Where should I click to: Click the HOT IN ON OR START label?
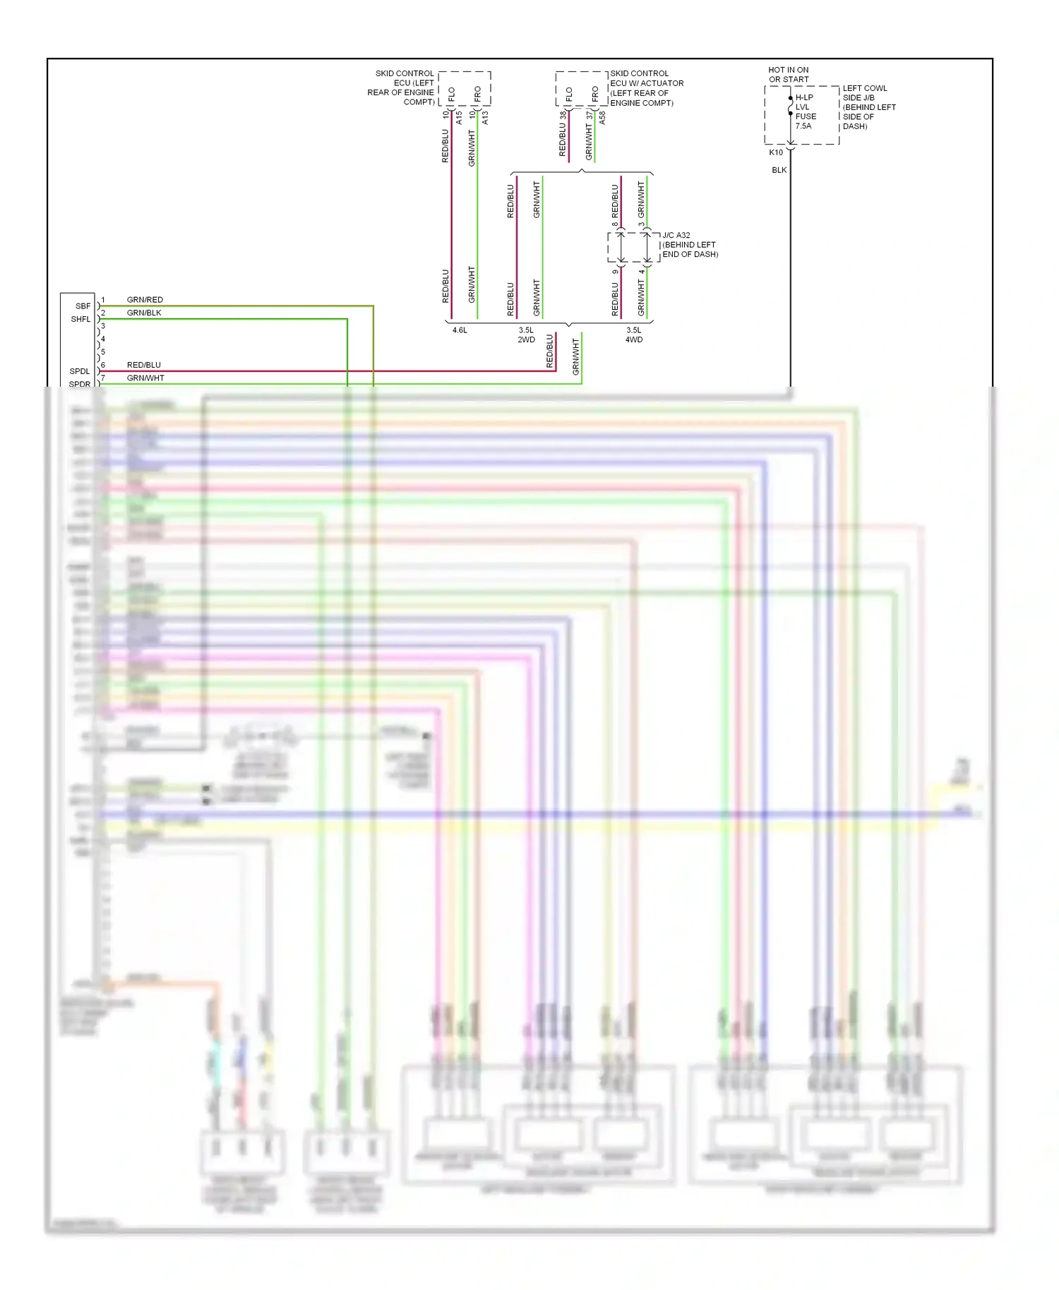click(788, 75)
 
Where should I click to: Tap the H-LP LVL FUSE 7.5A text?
click(805, 111)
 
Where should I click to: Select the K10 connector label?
click(775, 152)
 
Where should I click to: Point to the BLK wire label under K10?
click(779, 170)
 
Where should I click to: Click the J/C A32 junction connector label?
click(689, 245)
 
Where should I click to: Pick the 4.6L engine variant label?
click(460, 330)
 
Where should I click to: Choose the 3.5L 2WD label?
click(526, 335)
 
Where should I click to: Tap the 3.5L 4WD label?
click(634, 335)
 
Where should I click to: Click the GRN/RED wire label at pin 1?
click(145, 300)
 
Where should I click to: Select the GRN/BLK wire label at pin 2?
click(144, 313)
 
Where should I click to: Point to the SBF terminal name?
click(83, 306)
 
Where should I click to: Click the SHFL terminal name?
click(80, 319)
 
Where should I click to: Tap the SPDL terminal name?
click(80, 371)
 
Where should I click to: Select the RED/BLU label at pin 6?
click(144, 365)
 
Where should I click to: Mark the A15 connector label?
click(459, 117)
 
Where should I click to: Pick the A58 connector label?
click(602, 118)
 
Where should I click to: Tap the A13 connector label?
click(485, 117)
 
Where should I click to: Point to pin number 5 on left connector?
click(103, 352)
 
